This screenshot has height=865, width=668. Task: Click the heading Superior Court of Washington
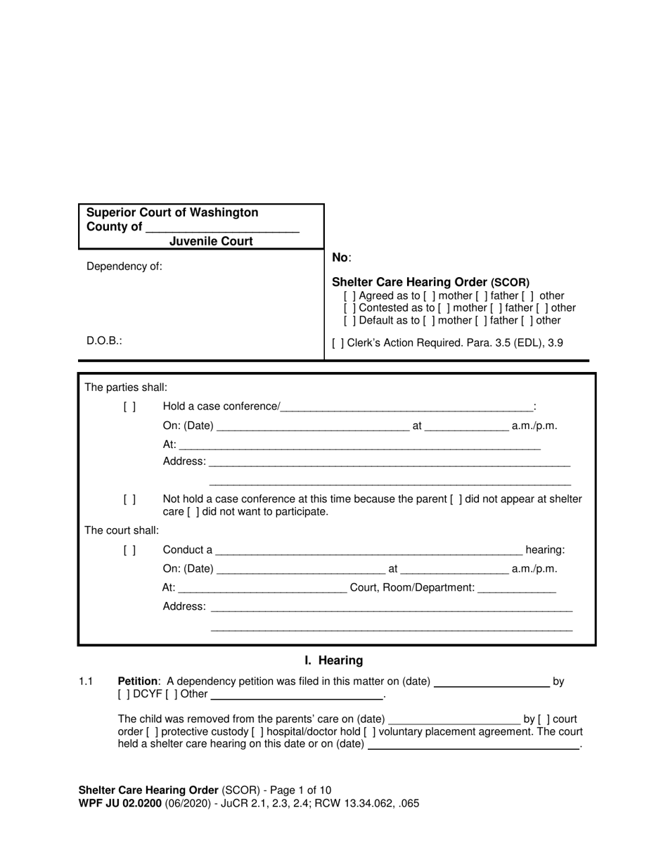[172, 212]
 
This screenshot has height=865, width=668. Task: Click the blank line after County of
[222, 228]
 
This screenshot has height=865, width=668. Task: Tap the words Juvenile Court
[211, 241]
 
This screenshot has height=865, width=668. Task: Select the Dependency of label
[124, 267]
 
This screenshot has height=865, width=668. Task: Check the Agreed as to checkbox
[349, 296]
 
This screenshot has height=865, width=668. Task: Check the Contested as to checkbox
[349, 308]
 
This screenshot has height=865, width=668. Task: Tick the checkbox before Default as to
[349, 321]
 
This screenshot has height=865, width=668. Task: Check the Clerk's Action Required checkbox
[338, 343]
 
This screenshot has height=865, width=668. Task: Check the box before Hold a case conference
[129, 406]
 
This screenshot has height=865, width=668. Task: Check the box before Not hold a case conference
[129, 499]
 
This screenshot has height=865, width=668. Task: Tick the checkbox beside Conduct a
[129, 550]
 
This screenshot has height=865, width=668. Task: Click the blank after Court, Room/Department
[517, 588]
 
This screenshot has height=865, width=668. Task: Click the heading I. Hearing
[334, 660]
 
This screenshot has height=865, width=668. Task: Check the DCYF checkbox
[124, 694]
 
